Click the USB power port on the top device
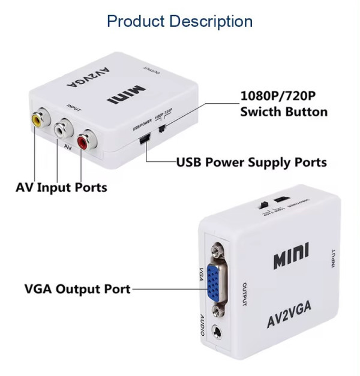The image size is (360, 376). (143, 140)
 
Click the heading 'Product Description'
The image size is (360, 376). (179, 21)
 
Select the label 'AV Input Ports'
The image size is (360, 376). (61, 187)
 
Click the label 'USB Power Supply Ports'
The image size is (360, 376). (251, 162)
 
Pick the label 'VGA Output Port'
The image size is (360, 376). (77, 288)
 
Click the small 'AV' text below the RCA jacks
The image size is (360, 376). (68, 146)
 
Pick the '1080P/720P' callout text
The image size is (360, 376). (278, 96)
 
